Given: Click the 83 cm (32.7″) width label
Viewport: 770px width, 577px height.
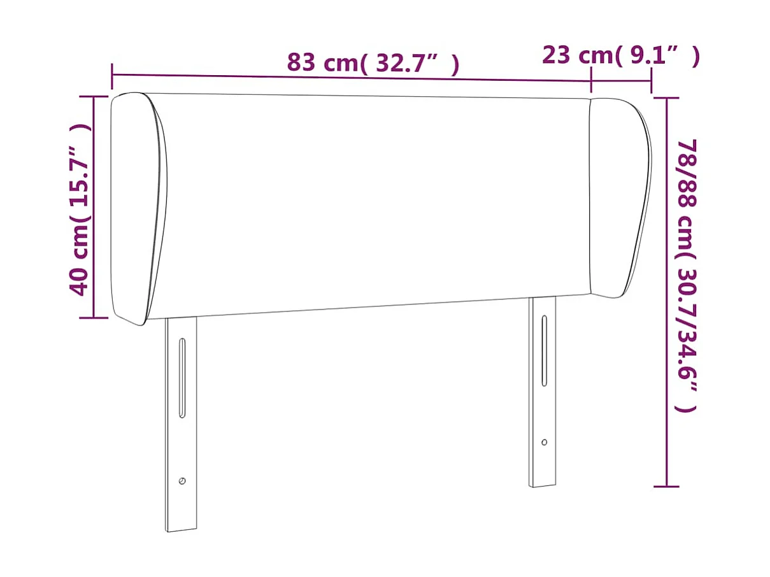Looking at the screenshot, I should [373, 63].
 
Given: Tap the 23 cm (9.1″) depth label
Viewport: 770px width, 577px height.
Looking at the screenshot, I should [620, 55].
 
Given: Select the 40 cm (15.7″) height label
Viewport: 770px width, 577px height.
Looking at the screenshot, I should [80, 209].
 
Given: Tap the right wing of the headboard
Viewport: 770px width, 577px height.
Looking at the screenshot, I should [618, 197].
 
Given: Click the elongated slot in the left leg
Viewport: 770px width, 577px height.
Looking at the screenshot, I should [182, 378].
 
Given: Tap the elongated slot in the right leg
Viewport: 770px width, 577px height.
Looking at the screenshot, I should [544, 350].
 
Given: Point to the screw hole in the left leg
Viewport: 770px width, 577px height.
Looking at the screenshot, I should [182, 481].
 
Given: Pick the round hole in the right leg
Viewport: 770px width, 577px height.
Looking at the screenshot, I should [544, 442].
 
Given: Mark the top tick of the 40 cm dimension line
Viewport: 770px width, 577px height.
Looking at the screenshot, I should [93, 97].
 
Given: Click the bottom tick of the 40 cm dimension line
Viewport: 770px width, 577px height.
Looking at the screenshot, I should [93, 317].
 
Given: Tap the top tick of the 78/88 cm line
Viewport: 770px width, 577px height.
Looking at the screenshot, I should [666, 98].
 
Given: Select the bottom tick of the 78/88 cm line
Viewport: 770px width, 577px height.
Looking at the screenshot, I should [666, 487].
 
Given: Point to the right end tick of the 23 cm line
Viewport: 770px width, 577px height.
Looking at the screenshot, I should [651, 80].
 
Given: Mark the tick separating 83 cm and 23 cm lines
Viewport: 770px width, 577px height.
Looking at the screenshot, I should [591, 80].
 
